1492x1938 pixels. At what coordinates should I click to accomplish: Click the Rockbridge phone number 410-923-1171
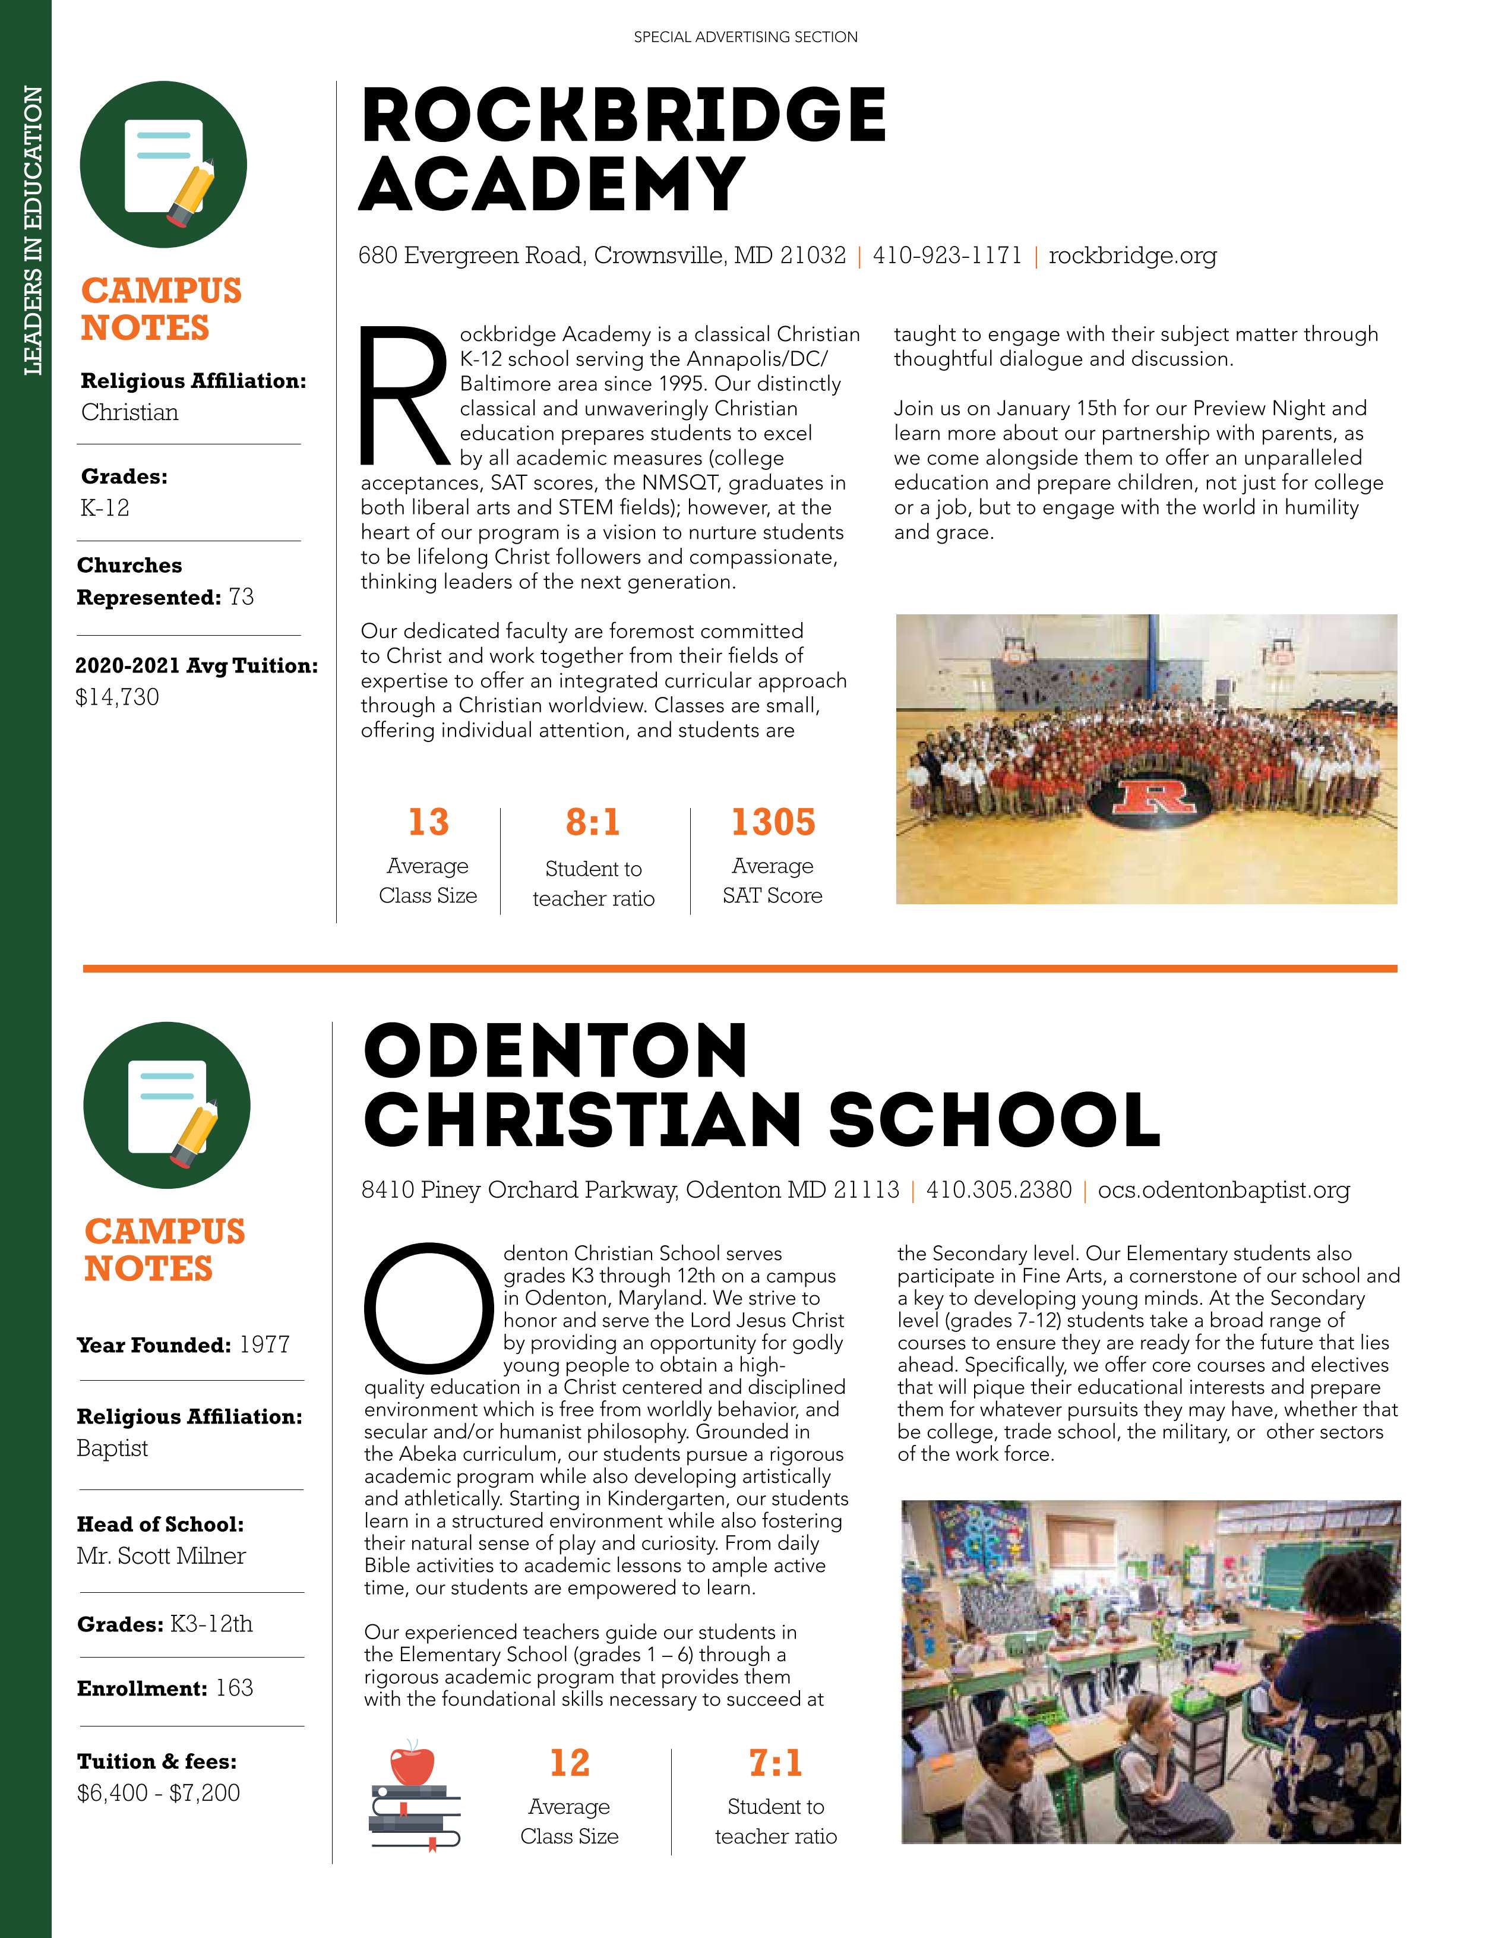pos(947,255)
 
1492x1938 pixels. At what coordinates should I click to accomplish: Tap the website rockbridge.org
pos(1132,255)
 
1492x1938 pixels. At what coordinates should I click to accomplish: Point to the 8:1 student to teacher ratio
pos(593,823)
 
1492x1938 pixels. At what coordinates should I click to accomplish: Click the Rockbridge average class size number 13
pos(428,823)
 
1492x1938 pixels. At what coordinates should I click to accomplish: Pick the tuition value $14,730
pos(117,697)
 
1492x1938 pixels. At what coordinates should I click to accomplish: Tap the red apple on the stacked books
pos(412,1766)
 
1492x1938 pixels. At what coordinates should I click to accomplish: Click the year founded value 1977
pos(264,1344)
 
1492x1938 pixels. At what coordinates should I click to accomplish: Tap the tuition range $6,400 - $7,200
pos(158,1794)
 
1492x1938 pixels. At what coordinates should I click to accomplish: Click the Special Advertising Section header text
pos(745,37)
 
